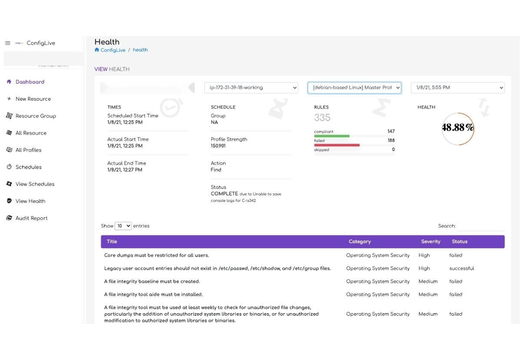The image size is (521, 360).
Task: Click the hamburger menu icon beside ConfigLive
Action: point(7,43)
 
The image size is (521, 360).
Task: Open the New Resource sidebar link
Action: point(33,99)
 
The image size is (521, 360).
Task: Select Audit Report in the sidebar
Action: point(31,218)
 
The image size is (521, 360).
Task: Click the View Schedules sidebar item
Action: point(35,184)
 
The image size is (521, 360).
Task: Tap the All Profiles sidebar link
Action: point(28,150)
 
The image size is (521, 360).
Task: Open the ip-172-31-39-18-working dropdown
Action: point(251,88)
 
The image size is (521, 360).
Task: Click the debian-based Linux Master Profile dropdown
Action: point(354,88)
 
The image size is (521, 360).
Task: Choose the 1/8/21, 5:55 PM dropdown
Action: point(458,88)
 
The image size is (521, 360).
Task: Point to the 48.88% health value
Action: point(458,128)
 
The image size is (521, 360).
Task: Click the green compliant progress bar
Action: point(332,136)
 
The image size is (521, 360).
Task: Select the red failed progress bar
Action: point(337,145)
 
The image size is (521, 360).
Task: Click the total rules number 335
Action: point(322,118)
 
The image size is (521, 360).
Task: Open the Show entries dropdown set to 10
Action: point(123,226)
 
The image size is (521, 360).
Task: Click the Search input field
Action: point(481,226)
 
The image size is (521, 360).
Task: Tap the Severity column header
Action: point(430,242)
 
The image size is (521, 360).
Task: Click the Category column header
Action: point(359,242)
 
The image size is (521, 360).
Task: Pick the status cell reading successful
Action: point(462,268)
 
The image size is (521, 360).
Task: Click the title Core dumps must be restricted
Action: point(156,255)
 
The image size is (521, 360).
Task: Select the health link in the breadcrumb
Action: point(140,50)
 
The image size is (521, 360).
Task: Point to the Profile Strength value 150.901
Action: point(218,146)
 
